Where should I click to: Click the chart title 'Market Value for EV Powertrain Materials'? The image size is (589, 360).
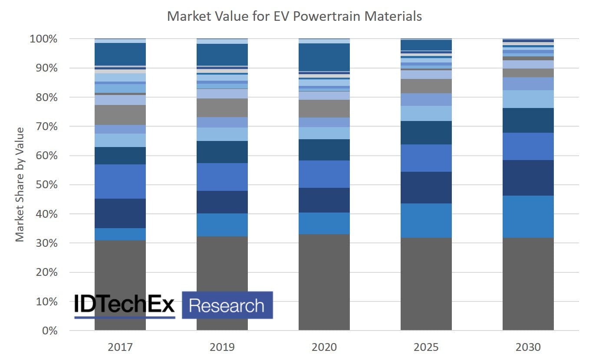point(294,16)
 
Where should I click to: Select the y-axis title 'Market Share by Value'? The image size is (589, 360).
point(20,184)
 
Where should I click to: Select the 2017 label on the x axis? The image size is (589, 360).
point(120,347)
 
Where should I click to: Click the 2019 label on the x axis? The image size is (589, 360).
point(222,347)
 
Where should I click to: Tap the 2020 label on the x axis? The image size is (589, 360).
point(324,347)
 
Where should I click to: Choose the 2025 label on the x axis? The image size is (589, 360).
point(426,347)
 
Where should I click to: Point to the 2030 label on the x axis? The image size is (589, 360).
point(528,347)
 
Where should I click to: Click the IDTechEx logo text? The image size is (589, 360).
point(124,304)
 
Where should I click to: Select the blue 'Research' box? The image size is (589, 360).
point(227,305)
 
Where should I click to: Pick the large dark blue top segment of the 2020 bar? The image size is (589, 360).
point(324,57)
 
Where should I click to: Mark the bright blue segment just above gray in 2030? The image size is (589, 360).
point(528,216)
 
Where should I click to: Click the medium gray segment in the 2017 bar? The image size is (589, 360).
point(120,115)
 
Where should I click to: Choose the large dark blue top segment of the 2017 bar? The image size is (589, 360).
point(120,54)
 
